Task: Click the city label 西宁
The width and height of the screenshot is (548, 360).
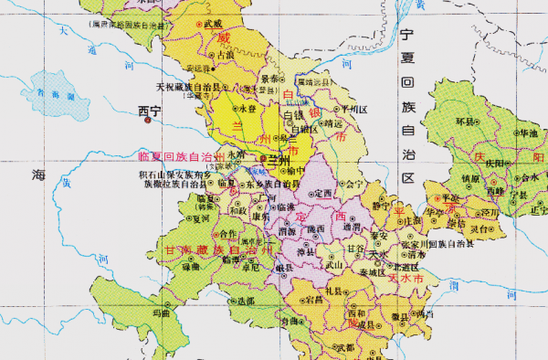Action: point(149,111)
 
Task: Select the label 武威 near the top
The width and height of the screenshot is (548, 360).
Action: point(212,22)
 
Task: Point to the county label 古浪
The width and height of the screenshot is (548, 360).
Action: point(225,55)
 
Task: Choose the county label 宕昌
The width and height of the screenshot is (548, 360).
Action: point(314,299)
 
